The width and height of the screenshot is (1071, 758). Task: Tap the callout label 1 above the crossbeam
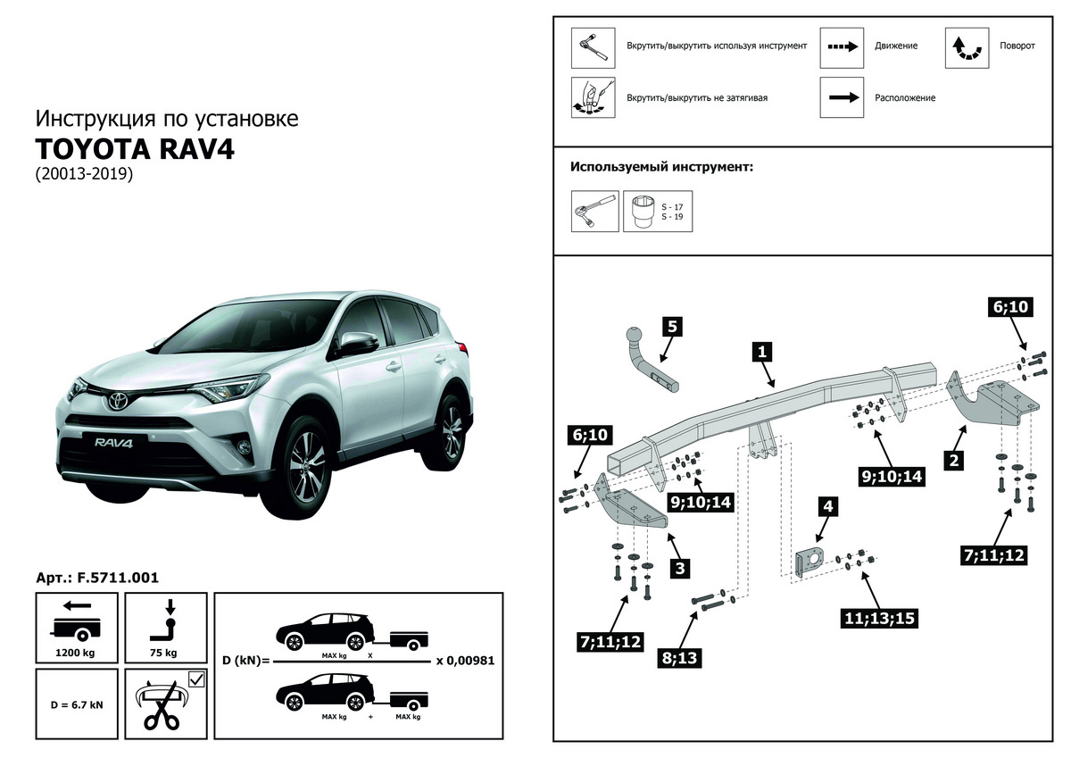[x=762, y=352]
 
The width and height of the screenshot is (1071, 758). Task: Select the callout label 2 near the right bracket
[x=954, y=461]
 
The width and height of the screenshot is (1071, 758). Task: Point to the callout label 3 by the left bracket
[x=680, y=568]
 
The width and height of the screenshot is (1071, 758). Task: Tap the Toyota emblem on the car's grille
[x=115, y=402]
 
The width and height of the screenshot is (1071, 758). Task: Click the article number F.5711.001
[x=97, y=578]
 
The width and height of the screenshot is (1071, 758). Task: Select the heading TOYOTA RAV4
[x=135, y=148]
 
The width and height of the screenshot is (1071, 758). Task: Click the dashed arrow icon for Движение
[x=842, y=47]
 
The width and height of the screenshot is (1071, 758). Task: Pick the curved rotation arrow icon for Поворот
[x=967, y=47]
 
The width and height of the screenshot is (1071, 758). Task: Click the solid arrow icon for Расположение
[x=842, y=97]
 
